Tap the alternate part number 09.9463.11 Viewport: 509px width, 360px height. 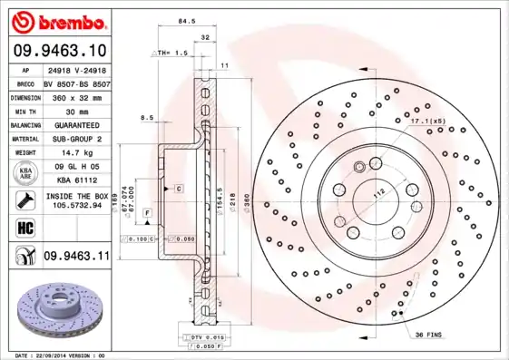click(76, 258)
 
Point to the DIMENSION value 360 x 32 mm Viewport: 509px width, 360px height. click(76, 97)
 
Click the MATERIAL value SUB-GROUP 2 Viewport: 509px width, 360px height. click(76, 139)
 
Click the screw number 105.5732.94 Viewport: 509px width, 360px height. click(76, 205)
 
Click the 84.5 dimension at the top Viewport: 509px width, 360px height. click(187, 19)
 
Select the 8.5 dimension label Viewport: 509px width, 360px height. click(146, 117)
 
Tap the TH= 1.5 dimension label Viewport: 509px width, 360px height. click(172, 54)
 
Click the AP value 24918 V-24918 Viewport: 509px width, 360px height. click(76, 69)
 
